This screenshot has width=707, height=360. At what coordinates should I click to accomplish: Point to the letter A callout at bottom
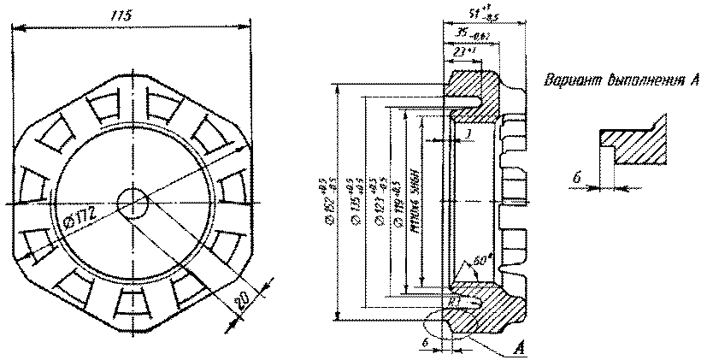pos(518,348)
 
